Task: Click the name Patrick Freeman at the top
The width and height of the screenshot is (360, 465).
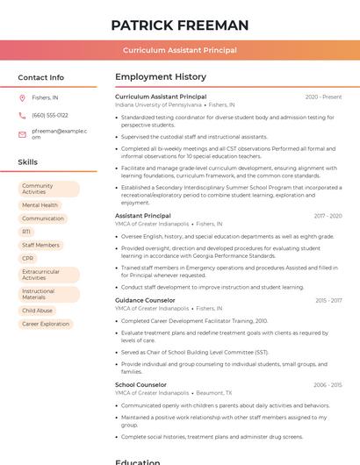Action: coord(180,25)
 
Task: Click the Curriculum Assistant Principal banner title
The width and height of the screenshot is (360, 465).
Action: coord(180,50)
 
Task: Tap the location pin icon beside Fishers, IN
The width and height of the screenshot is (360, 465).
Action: coord(22,97)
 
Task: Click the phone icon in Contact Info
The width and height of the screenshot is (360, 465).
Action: coord(22,115)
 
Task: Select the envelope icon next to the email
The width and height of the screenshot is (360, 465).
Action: coord(22,134)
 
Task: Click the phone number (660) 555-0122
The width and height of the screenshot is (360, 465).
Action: coord(50,115)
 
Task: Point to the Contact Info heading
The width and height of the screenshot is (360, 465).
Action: coord(40,77)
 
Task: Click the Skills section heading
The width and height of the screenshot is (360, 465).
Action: coord(27,162)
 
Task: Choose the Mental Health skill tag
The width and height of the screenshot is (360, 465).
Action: coord(40,205)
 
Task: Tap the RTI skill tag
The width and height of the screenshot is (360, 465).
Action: coord(26,232)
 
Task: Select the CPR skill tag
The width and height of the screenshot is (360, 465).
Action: coord(28,258)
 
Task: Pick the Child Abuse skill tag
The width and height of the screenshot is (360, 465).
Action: coord(37,311)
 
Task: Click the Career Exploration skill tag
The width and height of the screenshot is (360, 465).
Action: coord(46,324)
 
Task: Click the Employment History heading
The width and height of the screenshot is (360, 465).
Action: coord(161,77)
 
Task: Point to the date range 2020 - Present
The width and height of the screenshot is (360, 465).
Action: coord(323,97)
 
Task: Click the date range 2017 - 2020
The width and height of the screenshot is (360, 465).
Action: coord(327,216)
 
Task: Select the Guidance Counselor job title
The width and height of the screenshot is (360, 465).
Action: coord(145,300)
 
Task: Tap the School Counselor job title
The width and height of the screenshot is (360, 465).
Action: coord(140,384)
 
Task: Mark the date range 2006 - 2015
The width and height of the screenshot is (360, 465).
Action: coord(327,384)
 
